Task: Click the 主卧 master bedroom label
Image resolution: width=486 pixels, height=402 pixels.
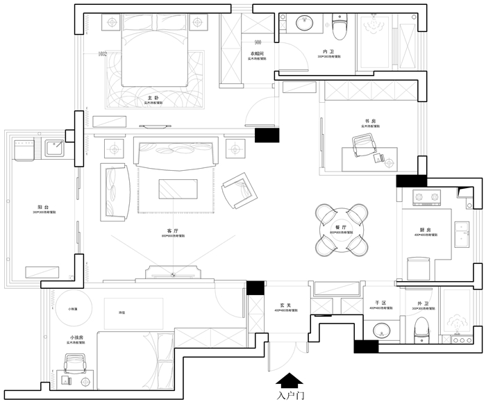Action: click(x=157, y=98)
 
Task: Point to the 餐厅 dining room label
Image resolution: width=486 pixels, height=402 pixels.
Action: click(x=340, y=227)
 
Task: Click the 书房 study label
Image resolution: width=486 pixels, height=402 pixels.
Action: click(x=370, y=121)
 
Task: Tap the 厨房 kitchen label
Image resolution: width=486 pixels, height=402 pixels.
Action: click(x=424, y=231)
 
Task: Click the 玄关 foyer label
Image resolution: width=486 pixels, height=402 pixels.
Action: click(x=285, y=305)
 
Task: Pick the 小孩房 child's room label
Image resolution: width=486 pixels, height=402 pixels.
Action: click(x=76, y=337)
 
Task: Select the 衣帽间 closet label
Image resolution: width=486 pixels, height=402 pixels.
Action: click(x=257, y=54)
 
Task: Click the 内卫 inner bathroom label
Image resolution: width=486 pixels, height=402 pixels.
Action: click(x=328, y=51)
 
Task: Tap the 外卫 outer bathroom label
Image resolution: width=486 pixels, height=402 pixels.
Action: click(x=423, y=303)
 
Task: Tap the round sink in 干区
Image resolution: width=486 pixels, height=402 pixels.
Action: click(x=381, y=330)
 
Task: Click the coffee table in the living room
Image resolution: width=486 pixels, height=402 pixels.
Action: click(x=178, y=189)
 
